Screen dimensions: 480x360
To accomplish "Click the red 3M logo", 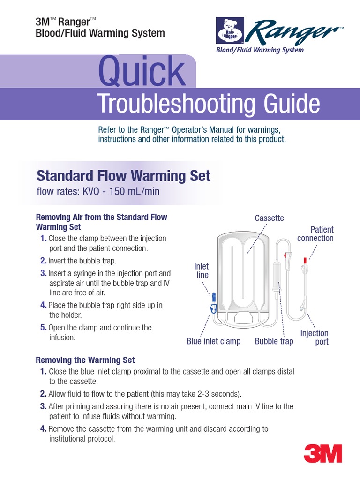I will pyautogui.click(x=323, y=453).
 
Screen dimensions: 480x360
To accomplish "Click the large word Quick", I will pyautogui.click(x=141, y=72).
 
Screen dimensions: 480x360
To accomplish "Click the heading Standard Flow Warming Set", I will pyautogui.click(x=123, y=176).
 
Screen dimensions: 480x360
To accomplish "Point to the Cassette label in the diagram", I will pyautogui.click(x=269, y=218).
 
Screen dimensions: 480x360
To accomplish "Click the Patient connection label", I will pyautogui.click(x=315, y=234).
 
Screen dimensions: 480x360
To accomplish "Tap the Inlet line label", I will pyautogui.click(x=202, y=270).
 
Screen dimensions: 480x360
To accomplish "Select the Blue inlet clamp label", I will pyautogui.click(x=213, y=341).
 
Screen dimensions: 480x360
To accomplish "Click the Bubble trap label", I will pyautogui.click(x=274, y=341).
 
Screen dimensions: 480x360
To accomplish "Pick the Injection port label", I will pyautogui.click(x=315, y=337).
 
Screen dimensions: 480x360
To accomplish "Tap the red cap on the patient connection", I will pyautogui.click(x=305, y=259).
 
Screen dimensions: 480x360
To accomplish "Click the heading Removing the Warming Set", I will pyautogui.click(x=85, y=360).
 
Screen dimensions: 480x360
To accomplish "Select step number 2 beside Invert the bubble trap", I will pyautogui.click(x=43, y=261).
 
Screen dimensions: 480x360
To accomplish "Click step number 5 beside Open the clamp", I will pyautogui.click(x=43, y=328).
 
